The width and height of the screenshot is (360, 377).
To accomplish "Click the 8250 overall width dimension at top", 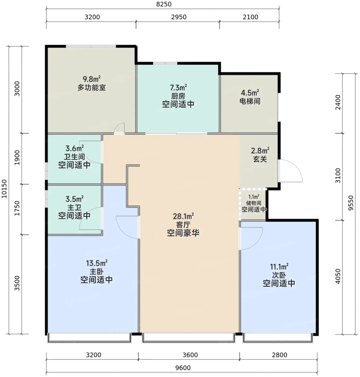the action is click(164, 4).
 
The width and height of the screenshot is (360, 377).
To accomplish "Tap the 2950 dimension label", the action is click(179, 17).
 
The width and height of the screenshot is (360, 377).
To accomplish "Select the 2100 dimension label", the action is click(250, 17).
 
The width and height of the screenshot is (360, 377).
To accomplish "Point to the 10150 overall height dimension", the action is click(4, 189).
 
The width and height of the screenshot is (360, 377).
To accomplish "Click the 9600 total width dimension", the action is click(183, 368).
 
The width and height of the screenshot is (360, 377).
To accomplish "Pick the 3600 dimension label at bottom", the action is click(190, 355).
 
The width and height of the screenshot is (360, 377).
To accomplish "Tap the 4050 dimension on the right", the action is click(338, 276).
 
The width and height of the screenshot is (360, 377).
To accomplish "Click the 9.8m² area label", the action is click(92, 79).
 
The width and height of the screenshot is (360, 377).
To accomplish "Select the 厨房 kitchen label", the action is click(178, 96).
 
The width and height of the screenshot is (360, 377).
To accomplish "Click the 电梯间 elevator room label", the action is click(250, 101).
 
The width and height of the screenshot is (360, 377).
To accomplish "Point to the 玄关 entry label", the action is click(260, 159).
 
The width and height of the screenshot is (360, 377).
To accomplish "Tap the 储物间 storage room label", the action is click(254, 203).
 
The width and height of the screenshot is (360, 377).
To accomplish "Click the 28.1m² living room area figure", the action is click(183, 217).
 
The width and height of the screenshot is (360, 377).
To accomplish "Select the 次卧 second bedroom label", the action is click(279, 275).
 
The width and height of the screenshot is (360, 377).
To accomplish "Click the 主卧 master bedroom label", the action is click(96, 272).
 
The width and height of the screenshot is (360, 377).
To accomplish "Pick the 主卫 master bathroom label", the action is click(74, 207).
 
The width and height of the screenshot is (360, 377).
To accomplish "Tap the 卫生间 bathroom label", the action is click(74, 157).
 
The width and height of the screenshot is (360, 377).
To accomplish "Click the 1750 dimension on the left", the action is click(17, 208).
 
